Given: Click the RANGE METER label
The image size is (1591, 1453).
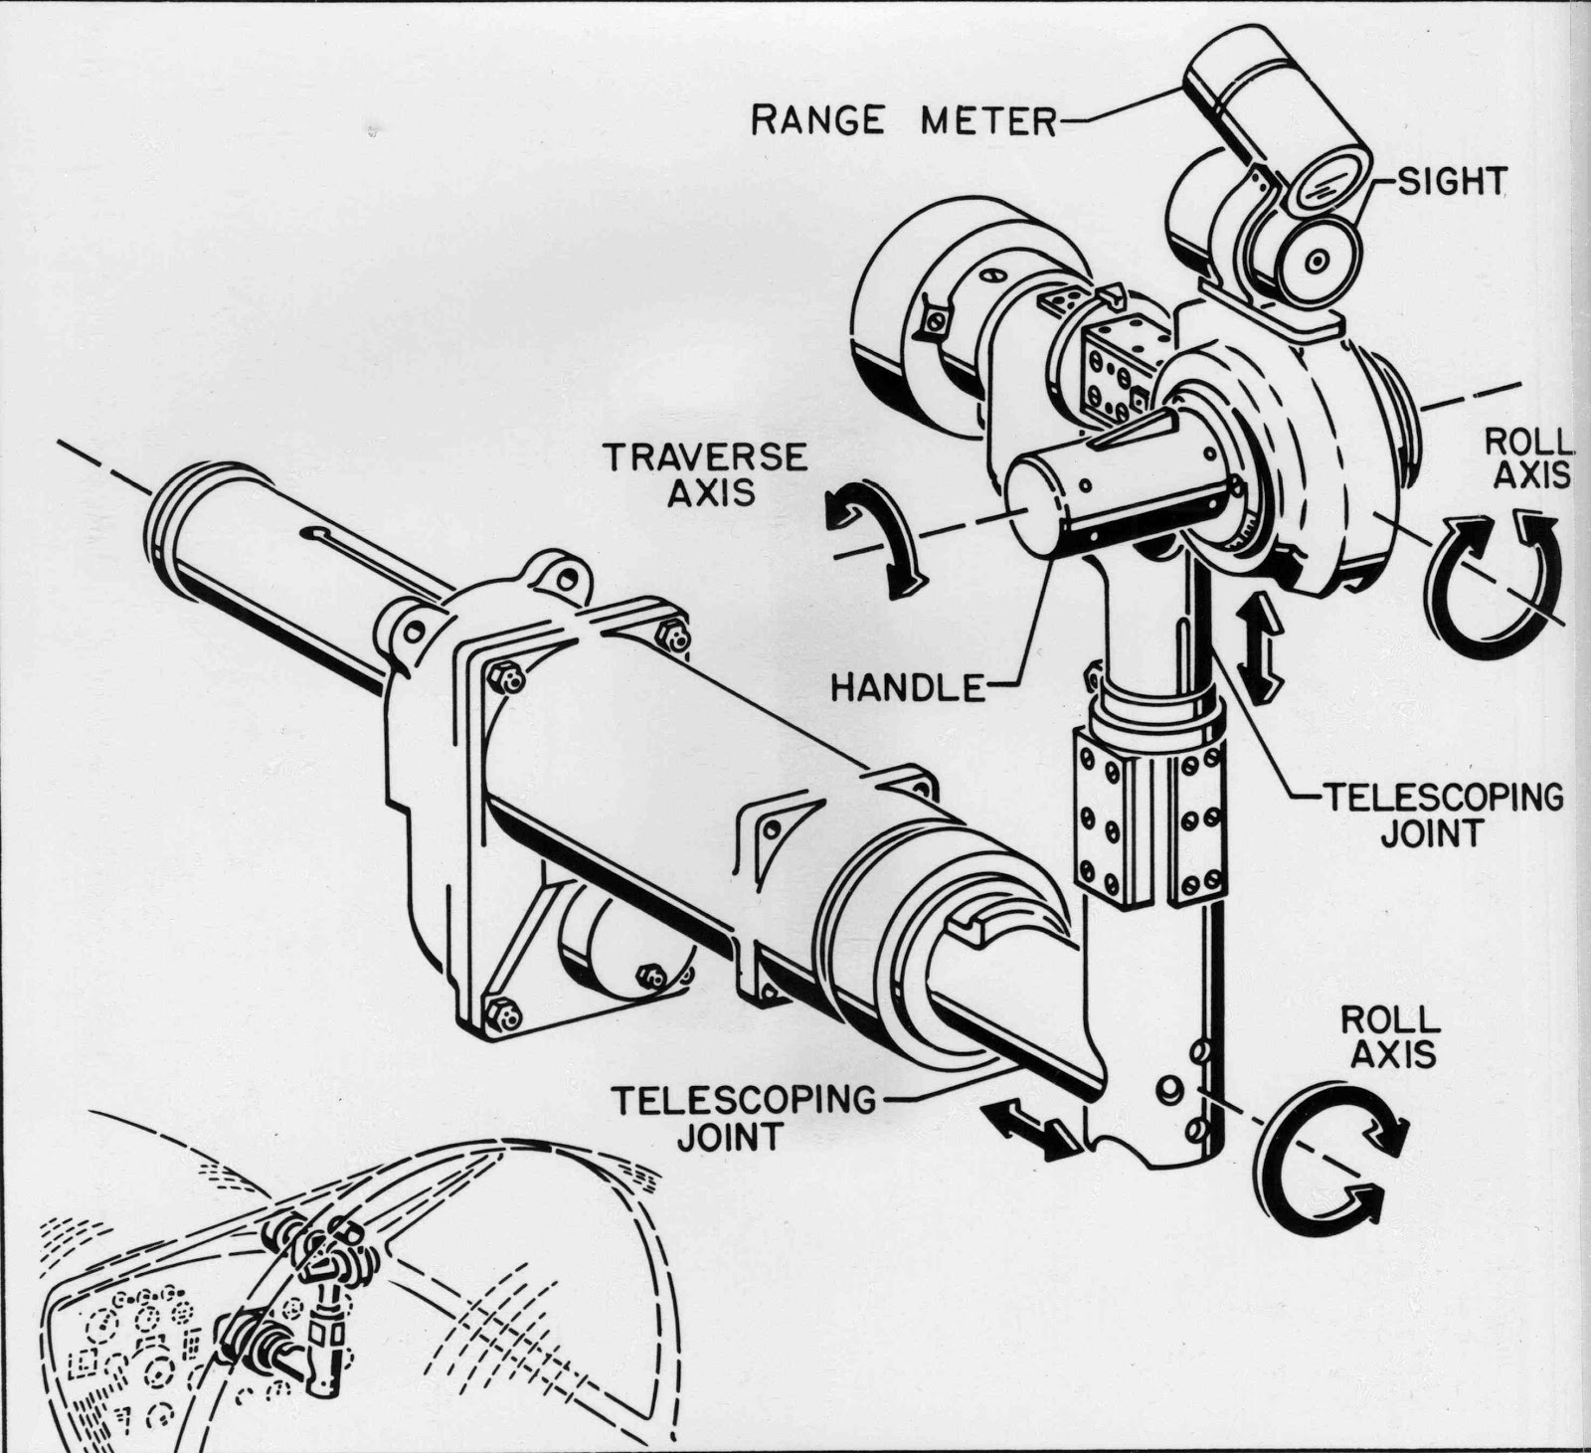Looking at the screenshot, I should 902,120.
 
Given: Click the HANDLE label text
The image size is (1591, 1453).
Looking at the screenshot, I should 905,686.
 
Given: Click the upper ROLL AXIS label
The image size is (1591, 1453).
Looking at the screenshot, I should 1527,458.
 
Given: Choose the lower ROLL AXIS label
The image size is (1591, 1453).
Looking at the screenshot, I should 1390,1036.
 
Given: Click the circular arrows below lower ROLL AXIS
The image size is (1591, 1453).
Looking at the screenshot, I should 1327,1154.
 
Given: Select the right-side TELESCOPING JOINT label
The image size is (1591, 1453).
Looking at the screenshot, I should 1442,814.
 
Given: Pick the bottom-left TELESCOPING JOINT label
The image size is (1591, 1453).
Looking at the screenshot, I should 744,1117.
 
